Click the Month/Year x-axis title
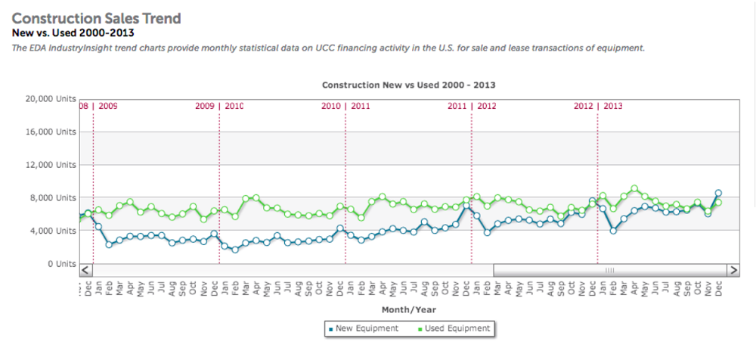tap(408, 309)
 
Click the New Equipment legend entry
tap(362, 328)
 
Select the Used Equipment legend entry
tap(454, 328)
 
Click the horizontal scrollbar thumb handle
tap(609, 269)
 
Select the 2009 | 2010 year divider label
tap(219, 107)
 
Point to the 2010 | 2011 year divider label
tap(345, 107)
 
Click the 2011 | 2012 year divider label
tap(471, 107)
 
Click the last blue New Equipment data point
tap(718, 193)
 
